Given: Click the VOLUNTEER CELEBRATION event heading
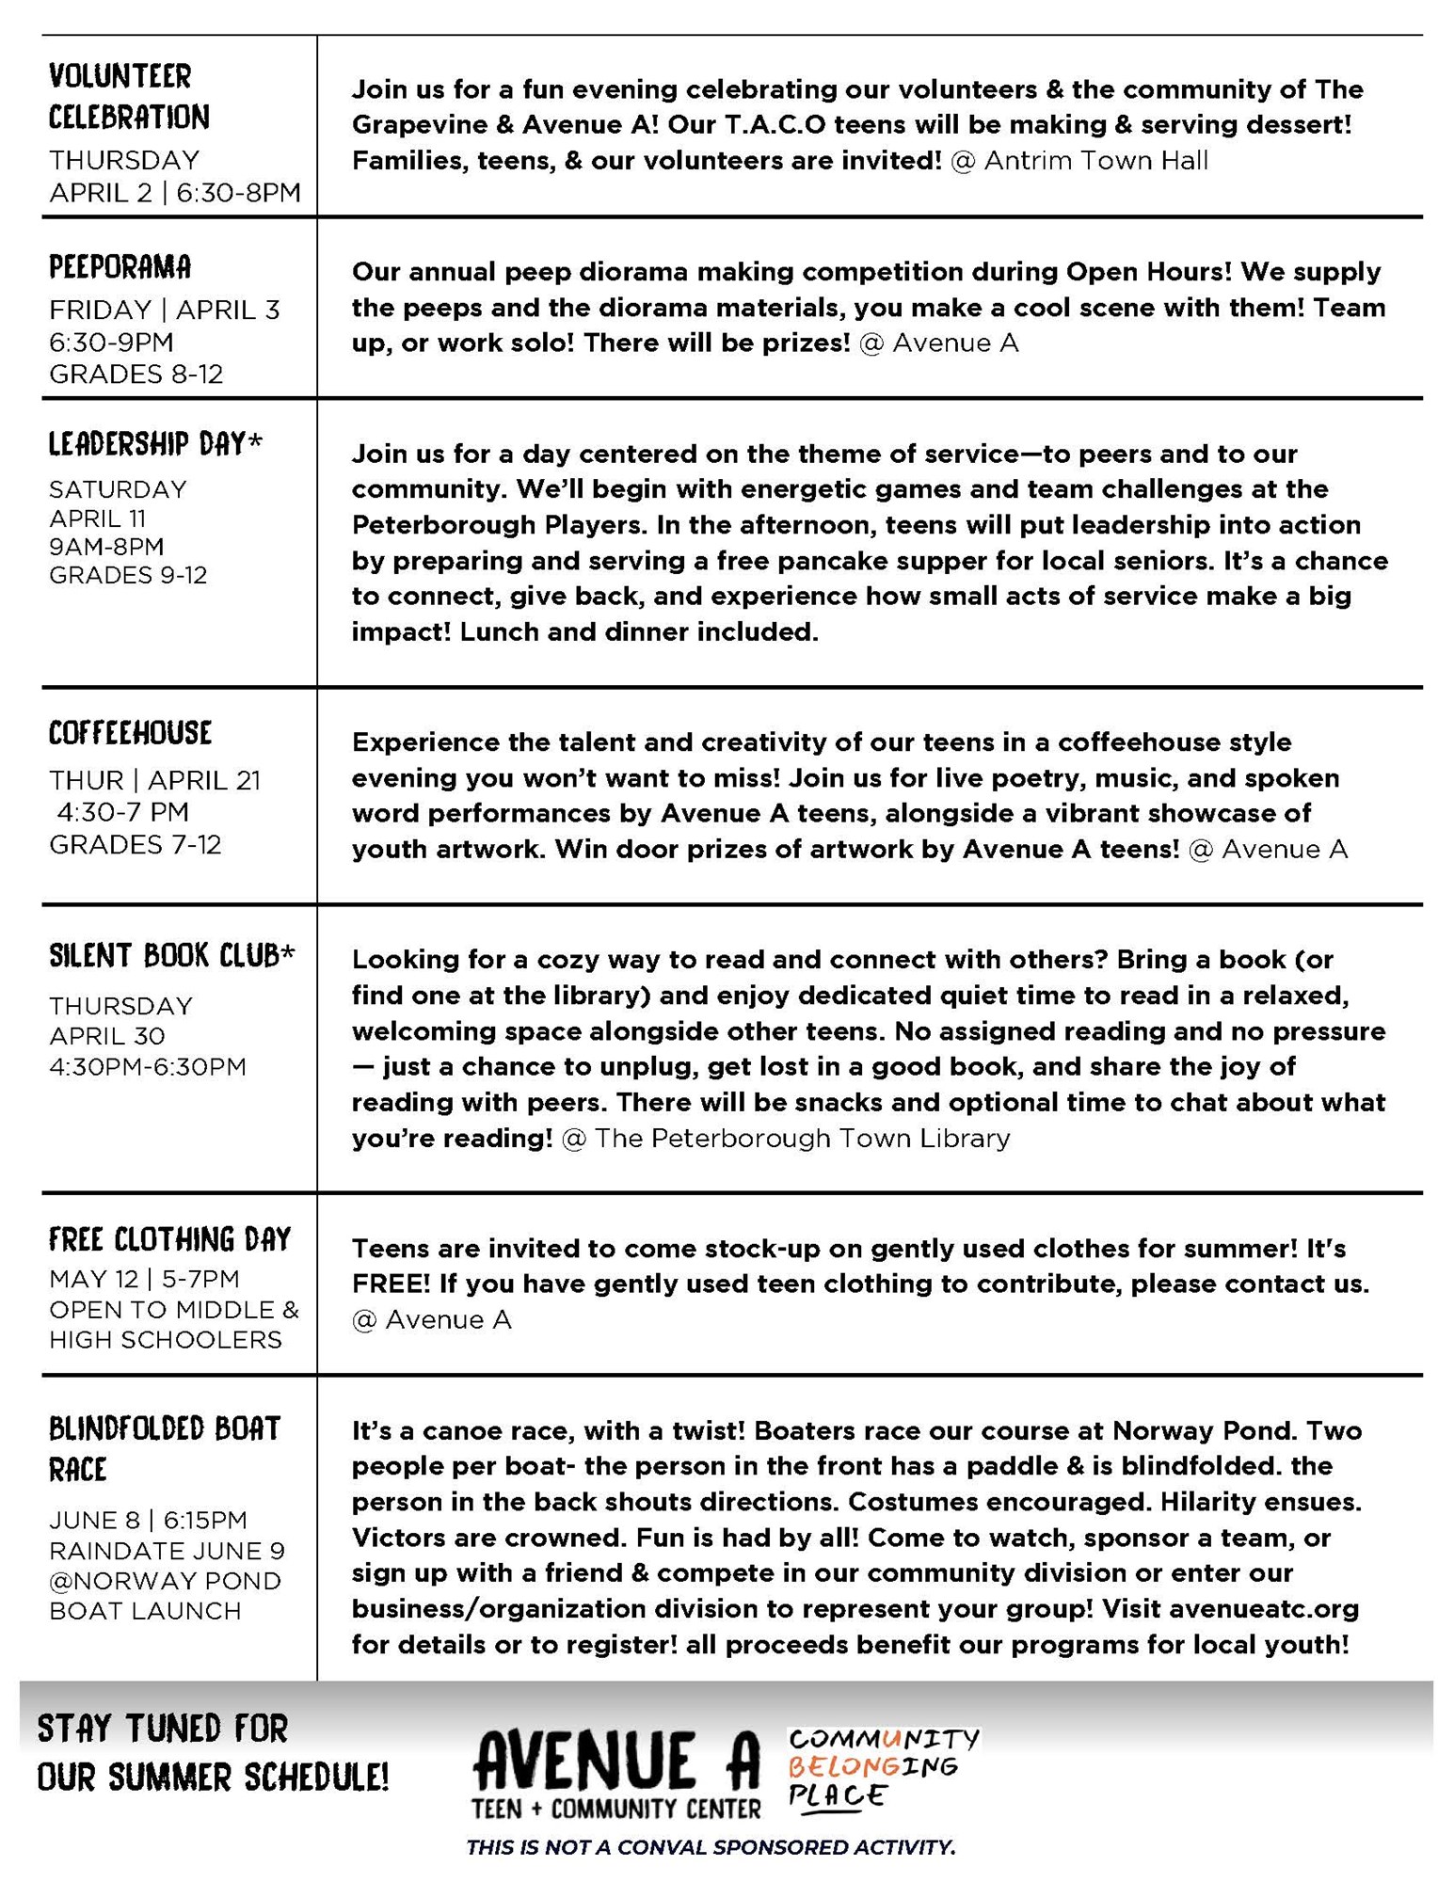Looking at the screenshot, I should [129, 96].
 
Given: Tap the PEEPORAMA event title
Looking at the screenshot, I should [120, 267].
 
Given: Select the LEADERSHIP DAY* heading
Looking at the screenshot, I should [155, 444].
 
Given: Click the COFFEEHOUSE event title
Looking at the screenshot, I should [131, 733].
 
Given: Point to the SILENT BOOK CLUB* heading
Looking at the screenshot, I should [172, 956].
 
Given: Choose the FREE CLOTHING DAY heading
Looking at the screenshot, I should [170, 1239].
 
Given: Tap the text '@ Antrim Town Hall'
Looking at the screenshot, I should [1079, 161].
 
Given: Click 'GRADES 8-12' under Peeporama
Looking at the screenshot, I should [136, 375].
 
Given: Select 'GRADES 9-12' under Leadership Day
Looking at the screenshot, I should [128, 575].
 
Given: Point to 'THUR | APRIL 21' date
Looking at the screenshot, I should [154, 780].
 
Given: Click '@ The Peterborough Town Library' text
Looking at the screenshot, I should [785, 1139].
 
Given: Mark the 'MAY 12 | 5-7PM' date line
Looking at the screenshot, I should [144, 1279].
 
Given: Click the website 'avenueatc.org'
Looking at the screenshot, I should [1264, 1609].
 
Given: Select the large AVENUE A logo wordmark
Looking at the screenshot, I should [616, 1761].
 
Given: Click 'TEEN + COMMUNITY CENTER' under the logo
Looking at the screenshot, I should [616, 1809].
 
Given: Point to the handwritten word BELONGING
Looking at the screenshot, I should [871, 1766].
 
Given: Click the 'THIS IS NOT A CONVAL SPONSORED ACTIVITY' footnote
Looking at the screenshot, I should [711, 1847].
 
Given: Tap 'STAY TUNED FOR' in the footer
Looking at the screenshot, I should [162, 1729].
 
